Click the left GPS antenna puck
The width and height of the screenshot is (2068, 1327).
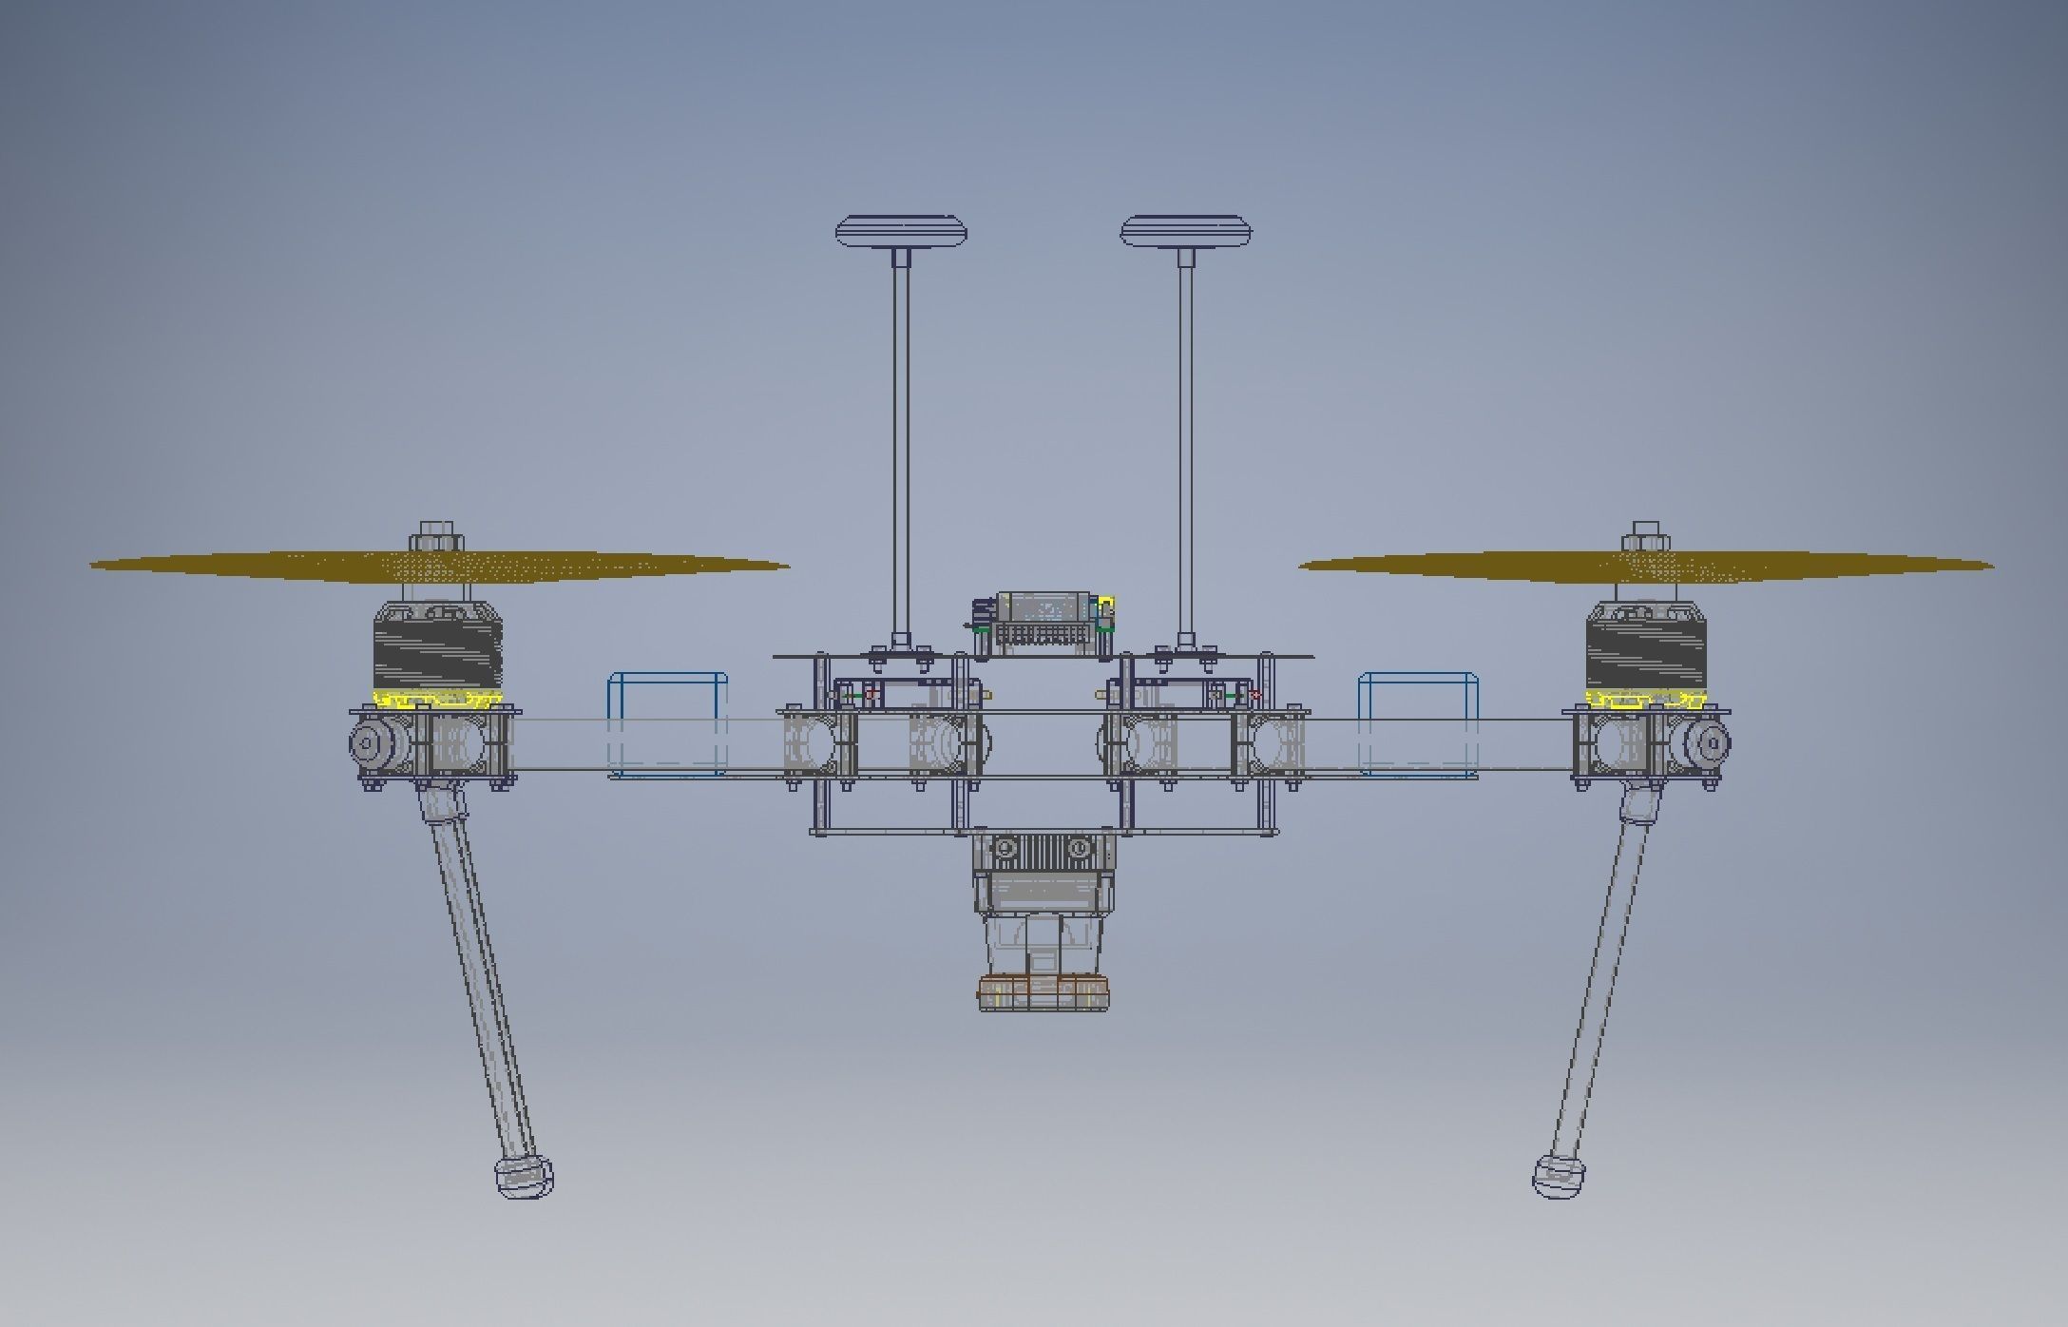(901, 232)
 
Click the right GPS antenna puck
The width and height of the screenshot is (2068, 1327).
(1186, 232)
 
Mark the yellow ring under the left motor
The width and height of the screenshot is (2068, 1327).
(436, 701)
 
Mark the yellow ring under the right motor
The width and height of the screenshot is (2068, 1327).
(1646, 701)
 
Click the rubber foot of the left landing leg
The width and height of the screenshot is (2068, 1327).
(524, 1178)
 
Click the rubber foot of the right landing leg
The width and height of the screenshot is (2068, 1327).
(1559, 1178)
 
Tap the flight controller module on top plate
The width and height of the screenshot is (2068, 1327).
(1044, 622)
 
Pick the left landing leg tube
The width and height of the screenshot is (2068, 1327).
(480, 979)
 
